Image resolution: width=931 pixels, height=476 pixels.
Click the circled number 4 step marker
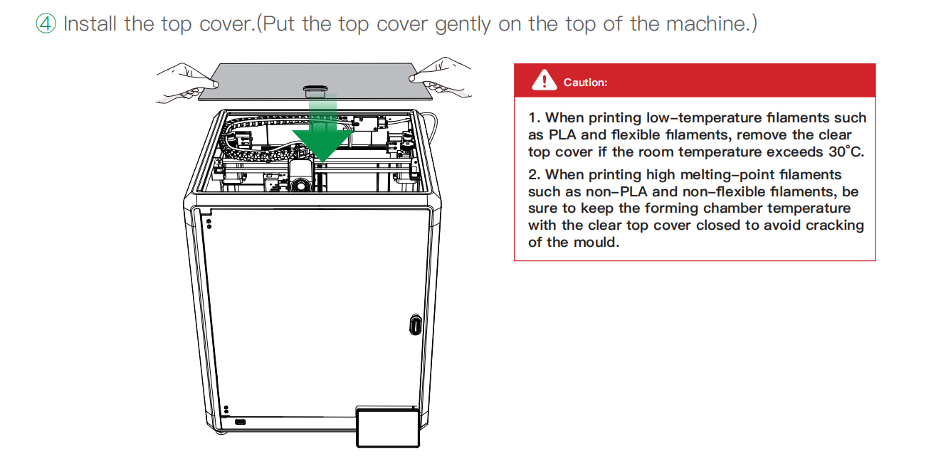(46, 23)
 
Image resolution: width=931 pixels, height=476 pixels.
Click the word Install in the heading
(90, 23)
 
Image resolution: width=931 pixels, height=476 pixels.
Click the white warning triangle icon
(544, 80)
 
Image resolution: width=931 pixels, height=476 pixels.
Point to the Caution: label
(585, 83)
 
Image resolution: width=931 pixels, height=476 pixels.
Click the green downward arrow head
(322, 145)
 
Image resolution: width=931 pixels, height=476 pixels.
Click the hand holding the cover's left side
(187, 83)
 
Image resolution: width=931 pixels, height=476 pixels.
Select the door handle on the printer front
(415, 324)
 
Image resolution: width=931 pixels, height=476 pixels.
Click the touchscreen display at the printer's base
(388, 428)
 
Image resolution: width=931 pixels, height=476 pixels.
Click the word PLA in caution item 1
(562, 135)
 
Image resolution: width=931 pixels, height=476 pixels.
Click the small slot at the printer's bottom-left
(241, 422)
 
